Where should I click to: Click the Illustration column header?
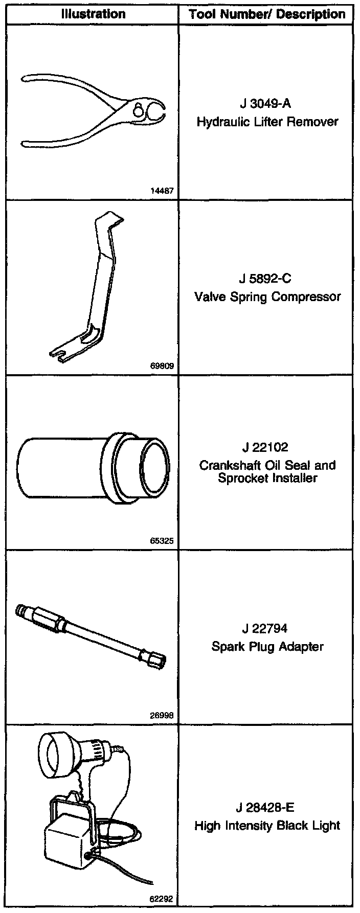tap(93, 14)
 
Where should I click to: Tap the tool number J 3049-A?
tap(265, 104)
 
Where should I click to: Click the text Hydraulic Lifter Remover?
tap(267, 122)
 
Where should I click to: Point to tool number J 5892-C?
tap(265, 279)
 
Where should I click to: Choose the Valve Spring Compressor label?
tap(267, 296)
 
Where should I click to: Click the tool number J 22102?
tap(265, 447)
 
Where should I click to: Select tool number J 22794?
tap(265, 629)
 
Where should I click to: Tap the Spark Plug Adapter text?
tap(267, 647)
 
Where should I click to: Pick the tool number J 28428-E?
tap(265, 808)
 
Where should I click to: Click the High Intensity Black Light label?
tap(267, 826)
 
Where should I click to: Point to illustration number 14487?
tap(163, 192)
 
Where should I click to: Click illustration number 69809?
tap(163, 366)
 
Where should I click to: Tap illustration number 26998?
tap(163, 715)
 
